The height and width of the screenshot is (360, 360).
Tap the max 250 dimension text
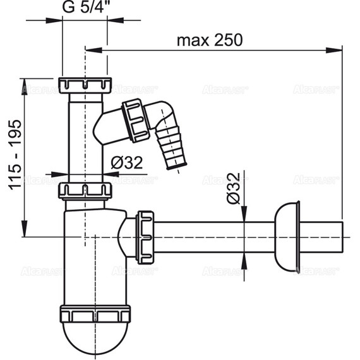(x=209, y=40)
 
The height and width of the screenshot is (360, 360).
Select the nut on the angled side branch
(x=135, y=119)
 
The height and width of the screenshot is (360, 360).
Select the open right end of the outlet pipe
(x=341, y=236)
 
